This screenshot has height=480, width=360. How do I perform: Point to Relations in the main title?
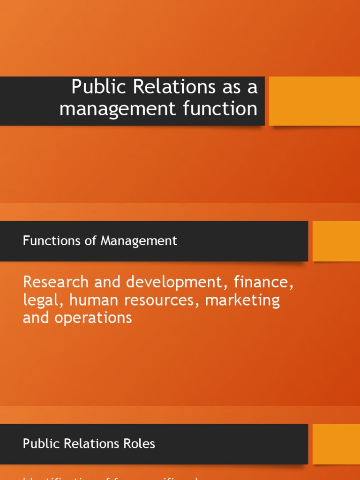click(x=172, y=87)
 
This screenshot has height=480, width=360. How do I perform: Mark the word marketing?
click(x=242, y=300)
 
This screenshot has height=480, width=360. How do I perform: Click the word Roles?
click(x=138, y=443)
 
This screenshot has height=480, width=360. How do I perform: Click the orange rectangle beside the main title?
click(x=314, y=101)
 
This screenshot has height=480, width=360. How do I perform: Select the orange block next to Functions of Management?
click(x=336, y=241)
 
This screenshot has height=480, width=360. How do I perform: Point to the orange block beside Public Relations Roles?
click(x=336, y=444)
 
